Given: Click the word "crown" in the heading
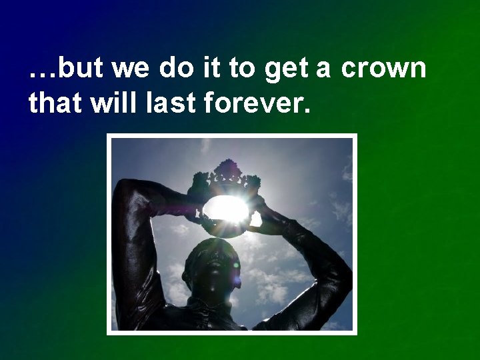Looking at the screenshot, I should (x=383, y=69).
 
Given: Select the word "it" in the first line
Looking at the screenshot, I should (x=213, y=69).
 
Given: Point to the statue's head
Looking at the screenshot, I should (x=211, y=263).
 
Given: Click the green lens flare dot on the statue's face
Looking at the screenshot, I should (x=235, y=265).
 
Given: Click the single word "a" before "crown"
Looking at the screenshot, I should (x=323, y=69).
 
